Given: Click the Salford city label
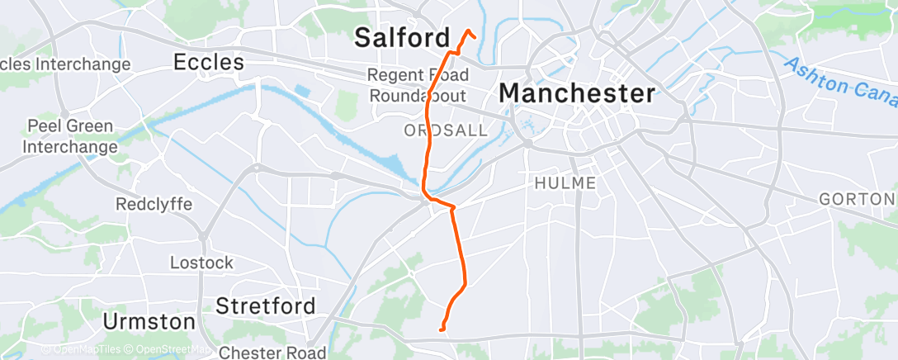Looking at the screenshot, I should pos(402,37).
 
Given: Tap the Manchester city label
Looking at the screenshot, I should pos(577,92).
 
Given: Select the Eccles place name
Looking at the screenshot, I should pos(209,62).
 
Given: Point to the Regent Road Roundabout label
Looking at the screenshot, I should pos(417,85).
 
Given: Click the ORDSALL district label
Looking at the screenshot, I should pos(446,130).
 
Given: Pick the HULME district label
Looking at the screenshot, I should pos(565,182).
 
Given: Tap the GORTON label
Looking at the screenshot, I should pos(856,199).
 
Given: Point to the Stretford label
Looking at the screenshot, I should pos(265,306).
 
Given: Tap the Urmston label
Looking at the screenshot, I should pos(149,320).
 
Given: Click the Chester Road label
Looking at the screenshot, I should pos(272,353).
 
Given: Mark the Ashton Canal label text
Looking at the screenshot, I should pos(838,82).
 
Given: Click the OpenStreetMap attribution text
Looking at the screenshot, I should pos(168,350).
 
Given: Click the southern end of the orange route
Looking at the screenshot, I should pos(443,330).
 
